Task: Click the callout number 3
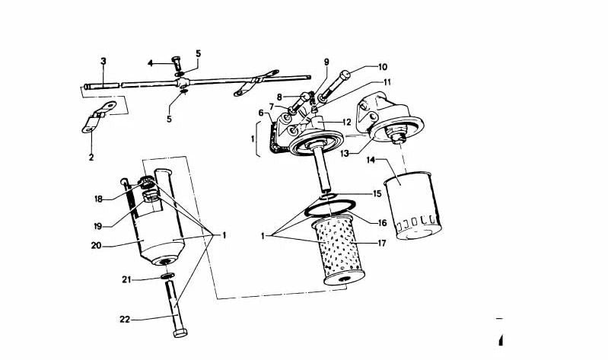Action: point(103,62)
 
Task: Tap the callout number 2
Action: point(91,157)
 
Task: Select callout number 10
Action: point(382,67)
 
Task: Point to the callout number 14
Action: point(371,159)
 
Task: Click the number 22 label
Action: point(125,320)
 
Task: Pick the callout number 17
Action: point(381,244)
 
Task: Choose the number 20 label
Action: point(96,245)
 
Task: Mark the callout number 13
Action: point(345,154)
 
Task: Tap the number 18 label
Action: point(98,199)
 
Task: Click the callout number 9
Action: point(326,62)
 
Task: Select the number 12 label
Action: point(346,123)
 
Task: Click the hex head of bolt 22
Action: point(180,333)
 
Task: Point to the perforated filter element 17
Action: point(338,250)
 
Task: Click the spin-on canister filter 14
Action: point(412,205)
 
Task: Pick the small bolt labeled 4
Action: point(177,63)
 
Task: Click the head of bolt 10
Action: point(345,75)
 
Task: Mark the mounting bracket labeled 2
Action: point(98,116)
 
